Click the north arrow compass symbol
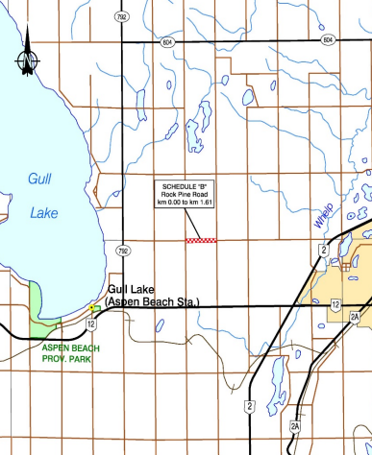click(x=28, y=60)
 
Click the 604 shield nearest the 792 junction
click(x=167, y=42)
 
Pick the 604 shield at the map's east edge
click(x=328, y=40)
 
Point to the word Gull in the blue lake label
click(x=40, y=179)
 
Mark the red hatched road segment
click(x=201, y=240)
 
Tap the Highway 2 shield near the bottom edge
click(x=248, y=408)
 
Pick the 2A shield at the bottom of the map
click(x=296, y=425)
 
